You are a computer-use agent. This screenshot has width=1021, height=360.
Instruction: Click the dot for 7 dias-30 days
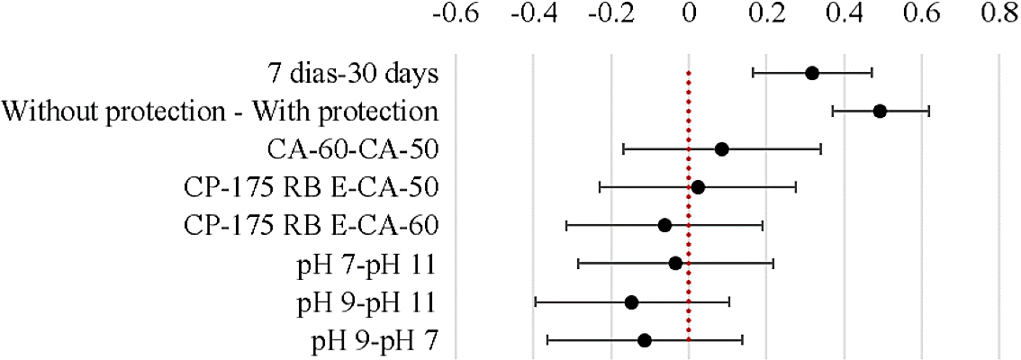click(x=811, y=73)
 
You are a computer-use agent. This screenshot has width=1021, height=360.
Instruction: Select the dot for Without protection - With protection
click(x=880, y=111)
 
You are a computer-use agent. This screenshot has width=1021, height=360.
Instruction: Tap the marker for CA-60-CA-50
click(x=721, y=148)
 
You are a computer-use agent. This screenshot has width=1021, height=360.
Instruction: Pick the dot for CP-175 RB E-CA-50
click(x=697, y=187)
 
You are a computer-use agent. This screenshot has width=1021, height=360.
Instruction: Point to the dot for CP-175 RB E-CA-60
click(x=664, y=225)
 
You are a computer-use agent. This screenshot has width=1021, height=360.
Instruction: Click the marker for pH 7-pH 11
click(x=675, y=263)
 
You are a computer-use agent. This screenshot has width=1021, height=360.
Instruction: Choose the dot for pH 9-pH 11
click(x=631, y=301)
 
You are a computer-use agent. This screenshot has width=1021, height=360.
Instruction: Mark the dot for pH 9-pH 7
click(x=644, y=339)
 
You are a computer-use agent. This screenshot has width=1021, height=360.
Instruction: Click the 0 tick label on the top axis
click(x=689, y=15)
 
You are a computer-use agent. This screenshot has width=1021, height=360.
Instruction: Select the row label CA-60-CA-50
click(x=353, y=149)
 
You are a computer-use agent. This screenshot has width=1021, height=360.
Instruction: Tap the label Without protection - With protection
click(x=220, y=112)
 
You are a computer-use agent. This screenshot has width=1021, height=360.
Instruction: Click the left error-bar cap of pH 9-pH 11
click(x=536, y=301)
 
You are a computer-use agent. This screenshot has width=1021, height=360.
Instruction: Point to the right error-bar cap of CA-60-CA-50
click(x=820, y=148)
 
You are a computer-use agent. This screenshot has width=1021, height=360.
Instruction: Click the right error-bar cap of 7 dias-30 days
click(x=872, y=73)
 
